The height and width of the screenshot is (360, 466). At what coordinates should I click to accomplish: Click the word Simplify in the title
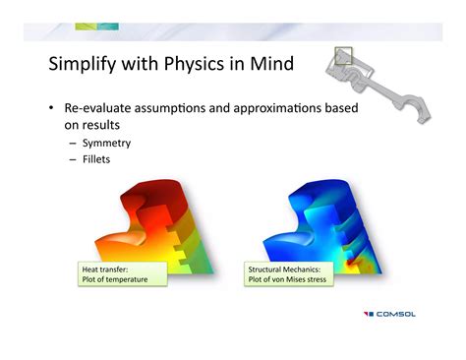pyautogui.click(x=85, y=66)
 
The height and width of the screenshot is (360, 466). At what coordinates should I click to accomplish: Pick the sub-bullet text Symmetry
pyautogui.click(x=106, y=143)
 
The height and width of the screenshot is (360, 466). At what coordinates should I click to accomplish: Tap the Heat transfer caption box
pyautogui.click(x=121, y=272)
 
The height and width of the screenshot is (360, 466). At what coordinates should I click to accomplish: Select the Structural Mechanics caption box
pyautogui.click(x=288, y=272)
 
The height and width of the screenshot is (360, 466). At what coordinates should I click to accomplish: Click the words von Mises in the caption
pyautogui.click(x=295, y=279)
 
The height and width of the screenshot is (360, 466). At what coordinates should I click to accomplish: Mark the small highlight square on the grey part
pyautogui.click(x=342, y=55)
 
